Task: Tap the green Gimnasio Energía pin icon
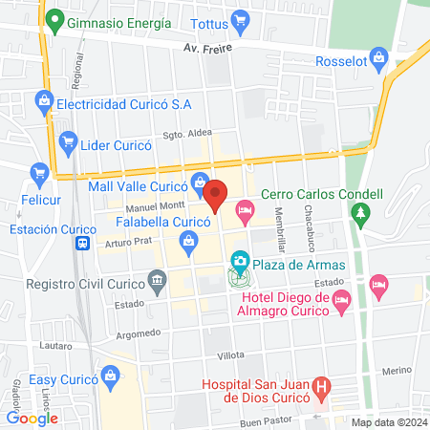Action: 55,20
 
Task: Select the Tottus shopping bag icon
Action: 240,19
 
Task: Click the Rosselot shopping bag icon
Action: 380,60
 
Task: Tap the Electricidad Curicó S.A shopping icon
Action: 43,99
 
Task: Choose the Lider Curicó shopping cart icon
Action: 68,142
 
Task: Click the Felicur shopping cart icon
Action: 39,173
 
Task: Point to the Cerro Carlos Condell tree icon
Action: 360,213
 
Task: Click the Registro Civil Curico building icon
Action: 156,281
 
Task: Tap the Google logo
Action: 32,418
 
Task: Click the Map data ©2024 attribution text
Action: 389,422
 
